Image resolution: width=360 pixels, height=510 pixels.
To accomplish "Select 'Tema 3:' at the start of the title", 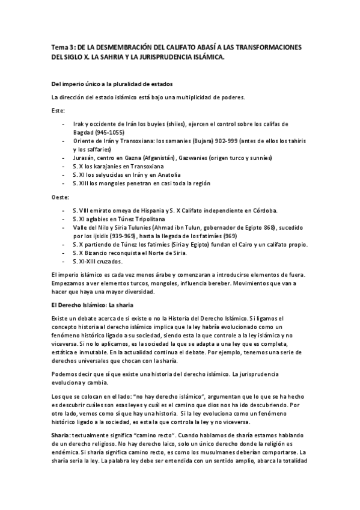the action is coord(63,47).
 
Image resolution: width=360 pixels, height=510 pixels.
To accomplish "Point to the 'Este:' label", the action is coord(58,111).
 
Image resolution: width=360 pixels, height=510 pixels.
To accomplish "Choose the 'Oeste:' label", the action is coord(61,197).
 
